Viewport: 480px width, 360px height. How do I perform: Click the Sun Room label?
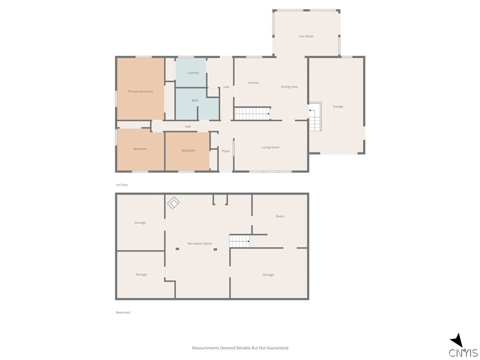click(306, 36)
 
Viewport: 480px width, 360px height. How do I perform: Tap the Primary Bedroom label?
click(141, 91)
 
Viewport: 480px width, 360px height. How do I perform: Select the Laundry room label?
click(193, 73)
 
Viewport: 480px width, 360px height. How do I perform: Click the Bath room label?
click(195, 100)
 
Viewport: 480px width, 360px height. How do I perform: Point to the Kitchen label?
click(254, 83)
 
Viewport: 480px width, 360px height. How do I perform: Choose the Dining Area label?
click(289, 87)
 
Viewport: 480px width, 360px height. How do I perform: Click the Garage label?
click(338, 106)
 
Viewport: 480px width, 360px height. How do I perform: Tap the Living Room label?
click(270, 147)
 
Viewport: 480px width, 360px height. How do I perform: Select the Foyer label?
click(226, 151)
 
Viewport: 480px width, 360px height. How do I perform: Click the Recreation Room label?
click(200, 243)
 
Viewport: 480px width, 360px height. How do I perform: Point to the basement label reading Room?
click(280, 216)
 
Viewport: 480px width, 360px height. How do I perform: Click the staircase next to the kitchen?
click(253, 113)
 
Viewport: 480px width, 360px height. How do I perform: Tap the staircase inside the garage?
click(315, 117)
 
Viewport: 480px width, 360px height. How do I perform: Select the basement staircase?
click(239, 241)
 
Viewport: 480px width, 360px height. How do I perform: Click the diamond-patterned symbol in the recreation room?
click(173, 202)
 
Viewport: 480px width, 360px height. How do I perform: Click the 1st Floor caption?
click(122, 185)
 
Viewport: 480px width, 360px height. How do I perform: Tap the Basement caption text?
click(123, 312)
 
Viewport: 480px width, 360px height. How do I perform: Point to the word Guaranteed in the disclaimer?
click(277, 348)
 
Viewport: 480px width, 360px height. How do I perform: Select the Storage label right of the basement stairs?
click(268, 275)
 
